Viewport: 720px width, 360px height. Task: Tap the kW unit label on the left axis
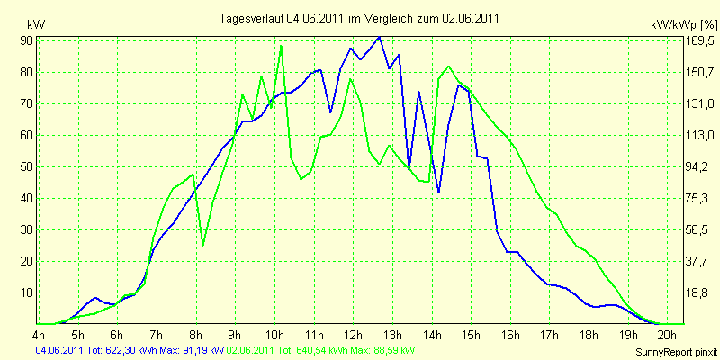[36, 24]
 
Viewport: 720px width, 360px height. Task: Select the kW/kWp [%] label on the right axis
[684, 24]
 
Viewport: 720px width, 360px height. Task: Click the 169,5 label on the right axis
[700, 41]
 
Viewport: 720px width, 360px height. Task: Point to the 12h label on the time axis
[353, 333]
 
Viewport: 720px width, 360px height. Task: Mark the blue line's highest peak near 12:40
[379, 38]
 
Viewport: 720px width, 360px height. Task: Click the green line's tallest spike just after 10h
[281, 46]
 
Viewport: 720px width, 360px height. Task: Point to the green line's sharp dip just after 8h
[203, 246]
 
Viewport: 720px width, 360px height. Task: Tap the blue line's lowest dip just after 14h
[438, 193]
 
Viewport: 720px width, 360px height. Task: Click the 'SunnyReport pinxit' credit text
[676, 353]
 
